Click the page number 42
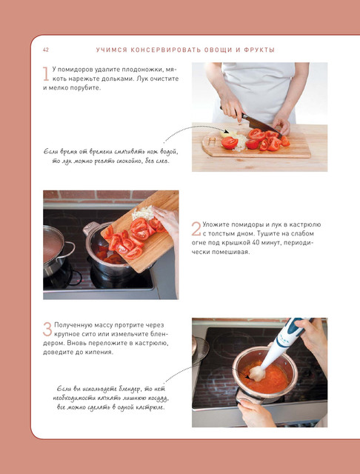click(x=46, y=50)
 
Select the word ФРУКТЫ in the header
click(x=259, y=50)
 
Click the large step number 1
click(x=46, y=74)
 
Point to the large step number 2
click(x=196, y=229)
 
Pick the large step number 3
click(x=47, y=329)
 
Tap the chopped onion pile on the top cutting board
click(x=239, y=142)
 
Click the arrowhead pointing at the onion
click(x=226, y=132)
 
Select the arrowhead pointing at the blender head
click(x=248, y=377)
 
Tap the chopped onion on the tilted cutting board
click(x=143, y=213)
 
